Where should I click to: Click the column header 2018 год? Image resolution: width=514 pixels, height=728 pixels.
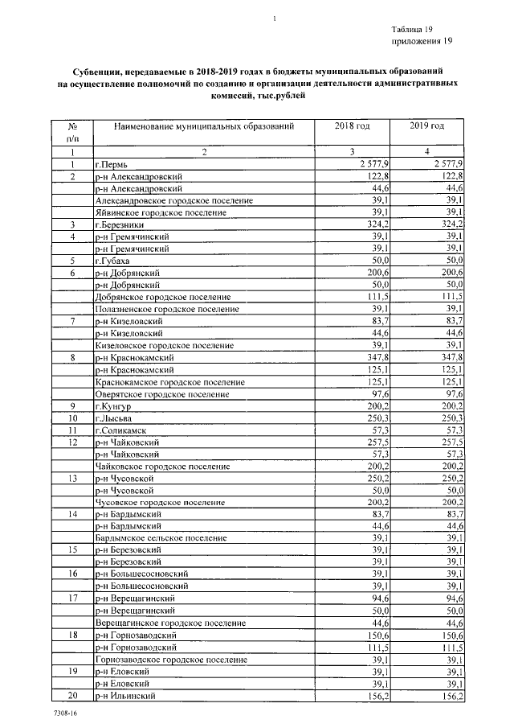352,126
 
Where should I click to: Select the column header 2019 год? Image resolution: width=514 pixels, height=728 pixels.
426,126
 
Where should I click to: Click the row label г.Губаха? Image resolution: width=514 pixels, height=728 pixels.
112,261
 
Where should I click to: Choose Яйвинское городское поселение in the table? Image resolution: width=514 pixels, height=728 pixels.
169,212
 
